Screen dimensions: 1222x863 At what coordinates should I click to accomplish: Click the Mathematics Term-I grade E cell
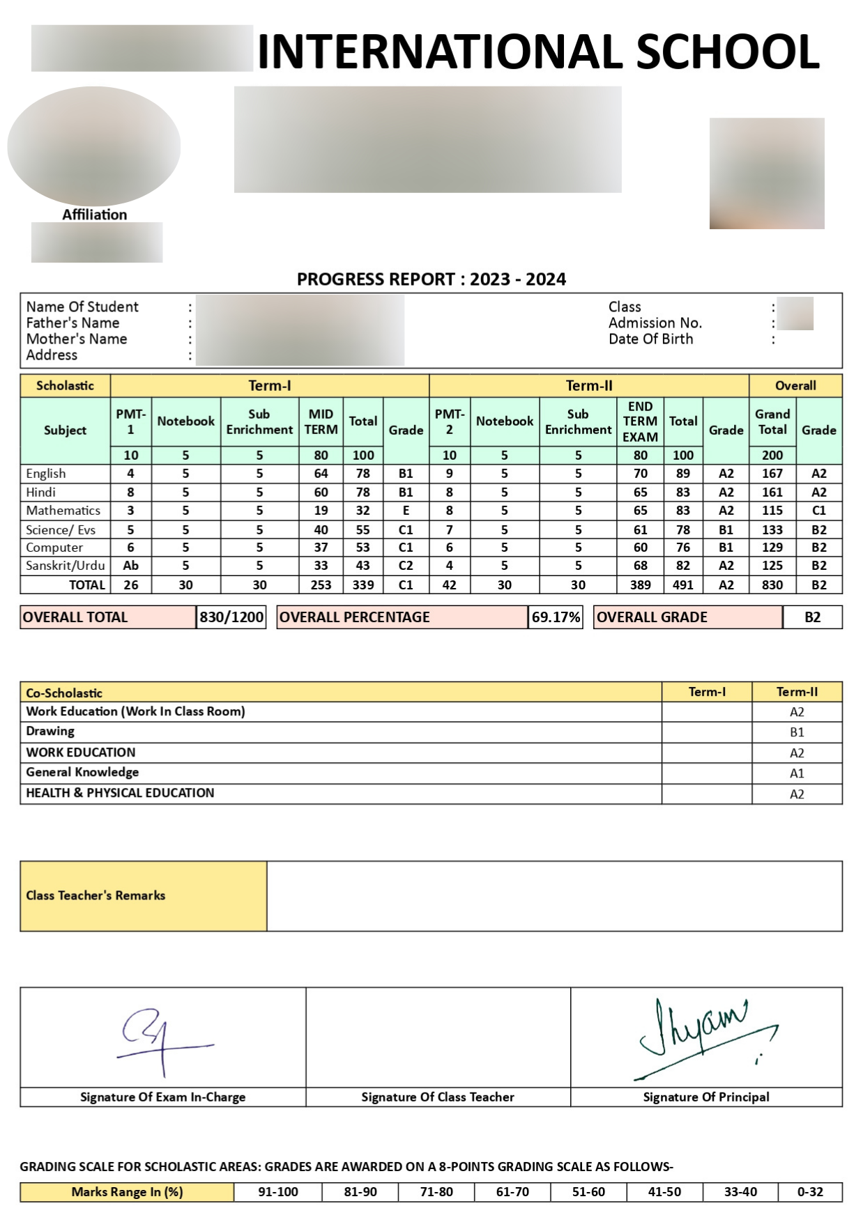pyautogui.click(x=406, y=511)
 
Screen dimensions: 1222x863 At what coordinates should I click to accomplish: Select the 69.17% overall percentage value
pyautogui.click(x=556, y=617)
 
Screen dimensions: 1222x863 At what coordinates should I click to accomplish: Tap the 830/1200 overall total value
pyautogui.click(x=231, y=617)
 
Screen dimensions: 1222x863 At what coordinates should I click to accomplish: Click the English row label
pyautogui.click(x=46, y=474)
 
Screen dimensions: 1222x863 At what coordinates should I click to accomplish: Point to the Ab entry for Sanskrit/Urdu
pyautogui.click(x=130, y=566)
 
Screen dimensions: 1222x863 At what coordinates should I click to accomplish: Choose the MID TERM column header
pyautogui.click(x=321, y=421)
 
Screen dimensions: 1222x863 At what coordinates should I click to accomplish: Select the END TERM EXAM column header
pyautogui.click(x=640, y=421)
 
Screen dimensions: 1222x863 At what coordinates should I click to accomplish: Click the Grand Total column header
pyautogui.click(x=772, y=421)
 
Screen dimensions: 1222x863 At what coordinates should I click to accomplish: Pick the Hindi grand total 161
pyautogui.click(x=772, y=493)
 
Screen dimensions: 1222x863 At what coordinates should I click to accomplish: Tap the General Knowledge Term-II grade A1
pyautogui.click(x=797, y=773)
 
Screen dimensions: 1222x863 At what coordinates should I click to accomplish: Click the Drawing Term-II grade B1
pyautogui.click(x=797, y=732)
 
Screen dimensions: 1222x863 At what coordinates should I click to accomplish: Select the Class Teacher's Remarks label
pyautogui.click(x=96, y=896)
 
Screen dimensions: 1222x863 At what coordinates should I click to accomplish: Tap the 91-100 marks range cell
pyautogui.click(x=278, y=1192)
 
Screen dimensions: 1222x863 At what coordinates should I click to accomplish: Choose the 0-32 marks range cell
pyautogui.click(x=810, y=1192)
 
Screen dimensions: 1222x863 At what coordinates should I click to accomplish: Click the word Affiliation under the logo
pyautogui.click(x=95, y=215)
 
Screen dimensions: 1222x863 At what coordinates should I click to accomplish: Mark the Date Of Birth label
pyautogui.click(x=650, y=339)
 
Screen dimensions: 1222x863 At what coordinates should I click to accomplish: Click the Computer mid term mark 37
pyautogui.click(x=321, y=548)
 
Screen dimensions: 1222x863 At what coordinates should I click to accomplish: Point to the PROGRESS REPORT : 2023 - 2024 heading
pyautogui.click(x=431, y=279)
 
